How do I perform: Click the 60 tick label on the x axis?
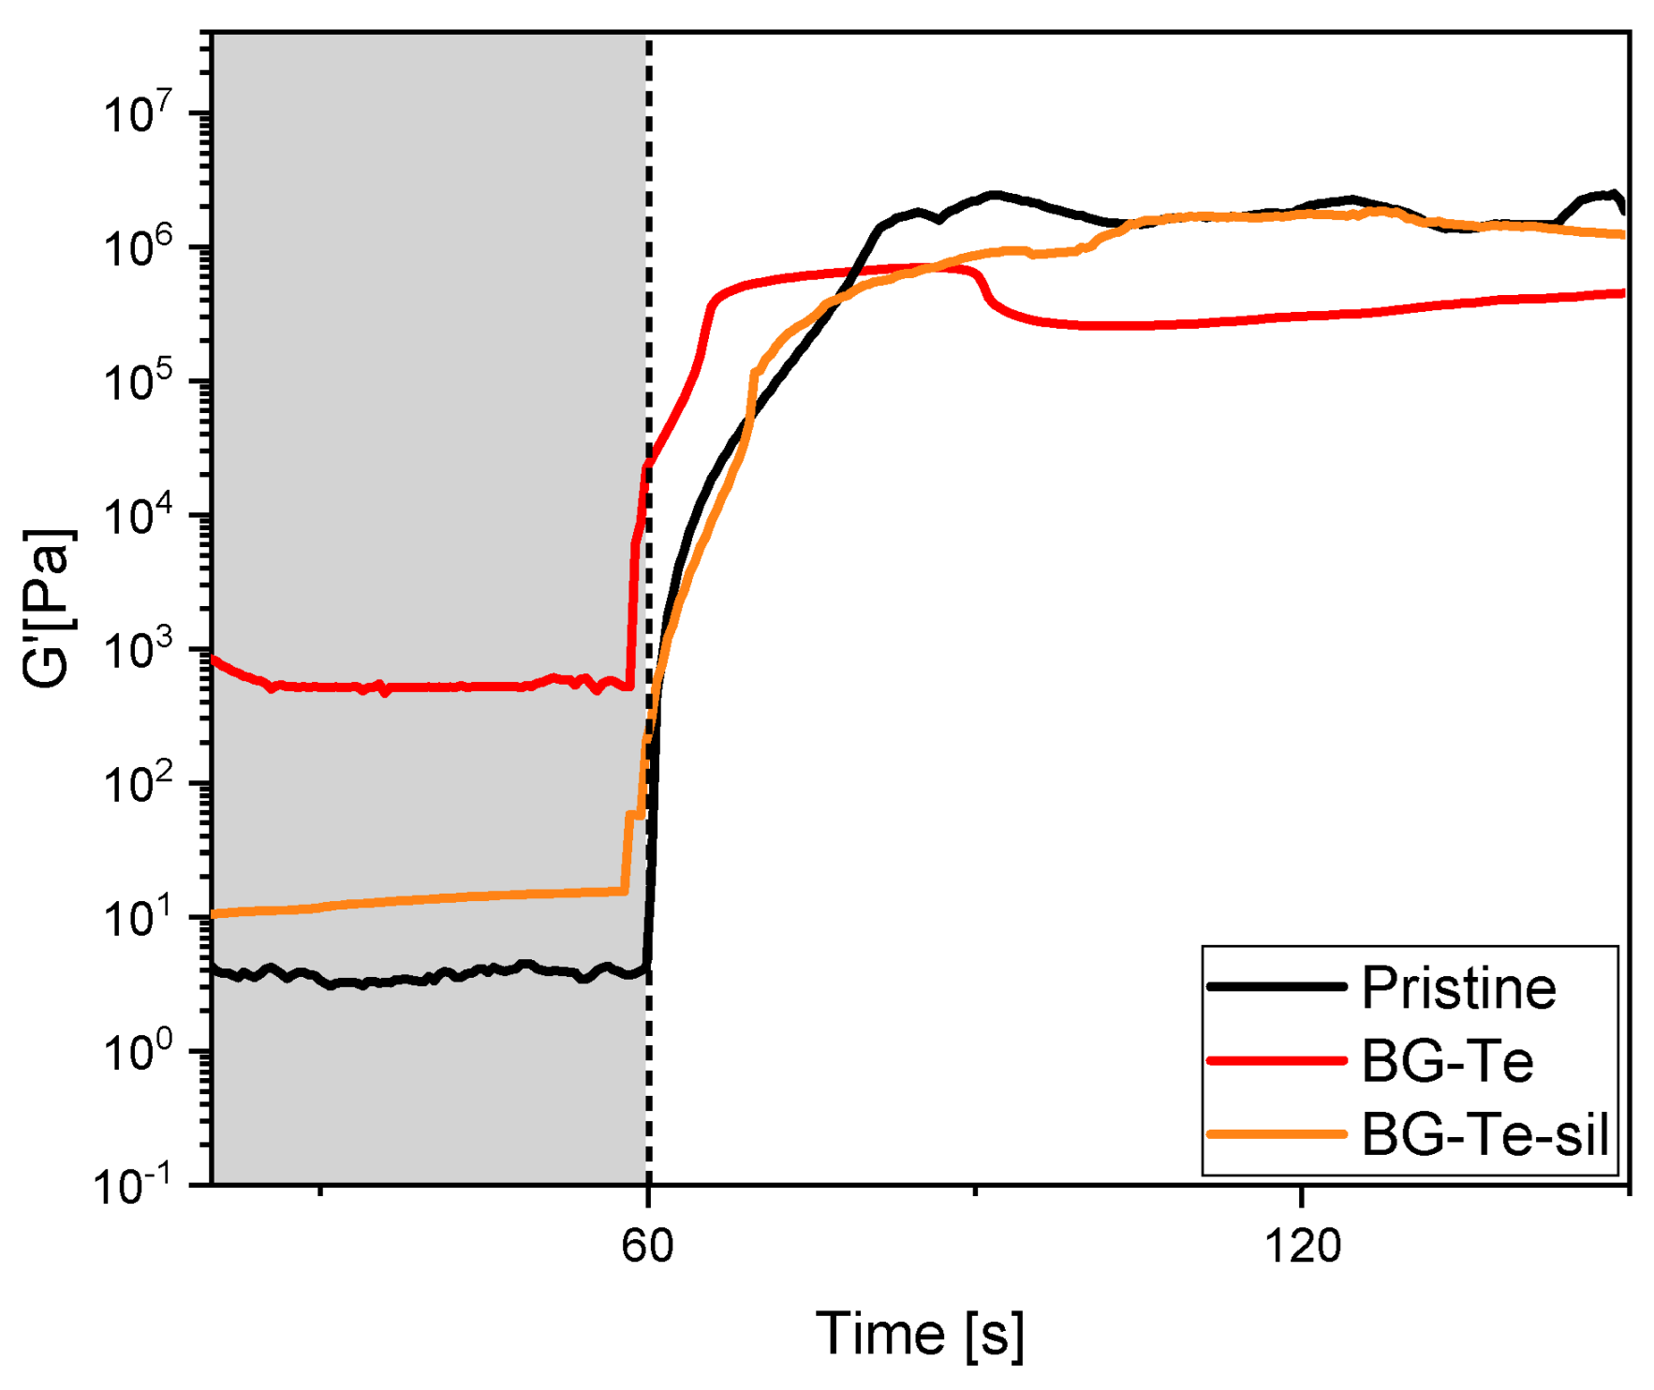[647, 1247]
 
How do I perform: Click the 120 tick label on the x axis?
[1302, 1247]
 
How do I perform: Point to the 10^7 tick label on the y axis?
[139, 114]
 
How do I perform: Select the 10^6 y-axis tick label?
[139, 248]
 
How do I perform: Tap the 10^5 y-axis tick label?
[139, 382]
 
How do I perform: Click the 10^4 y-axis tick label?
[139, 516]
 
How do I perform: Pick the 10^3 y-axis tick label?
[139, 650]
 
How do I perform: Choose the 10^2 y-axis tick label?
[139, 784]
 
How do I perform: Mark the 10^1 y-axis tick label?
[139, 918]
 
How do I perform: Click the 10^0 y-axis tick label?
[139, 1052]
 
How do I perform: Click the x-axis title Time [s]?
[920, 1334]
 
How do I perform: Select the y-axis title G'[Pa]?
[47, 609]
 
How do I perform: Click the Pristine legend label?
[1458, 987]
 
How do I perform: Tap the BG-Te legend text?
[1447, 1061]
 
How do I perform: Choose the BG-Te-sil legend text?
[1484, 1134]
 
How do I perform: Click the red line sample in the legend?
[1277, 1061]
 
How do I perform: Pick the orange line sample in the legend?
[1277, 1134]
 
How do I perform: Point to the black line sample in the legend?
[1277, 987]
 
